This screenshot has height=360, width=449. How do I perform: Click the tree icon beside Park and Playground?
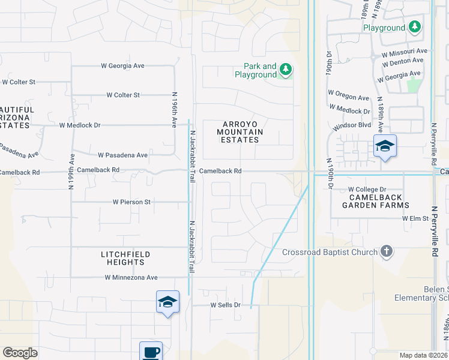tap(286, 70)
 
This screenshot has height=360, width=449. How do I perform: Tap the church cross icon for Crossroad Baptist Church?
tap(387, 252)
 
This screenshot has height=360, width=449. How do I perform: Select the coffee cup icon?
tap(151, 352)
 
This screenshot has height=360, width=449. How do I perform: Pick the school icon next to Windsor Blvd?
tap(385, 146)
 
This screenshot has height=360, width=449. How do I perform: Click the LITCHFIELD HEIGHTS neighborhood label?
tap(125, 259)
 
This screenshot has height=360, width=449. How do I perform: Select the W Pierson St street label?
tap(131, 202)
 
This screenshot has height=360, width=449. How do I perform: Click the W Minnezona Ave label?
tap(131, 278)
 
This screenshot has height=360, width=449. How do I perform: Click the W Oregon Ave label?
tap(348, 98)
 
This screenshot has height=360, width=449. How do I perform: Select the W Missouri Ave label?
tap(404, 52)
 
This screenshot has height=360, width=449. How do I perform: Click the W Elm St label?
tap(415, 219)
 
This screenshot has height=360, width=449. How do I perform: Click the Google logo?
tap(20, 352)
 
